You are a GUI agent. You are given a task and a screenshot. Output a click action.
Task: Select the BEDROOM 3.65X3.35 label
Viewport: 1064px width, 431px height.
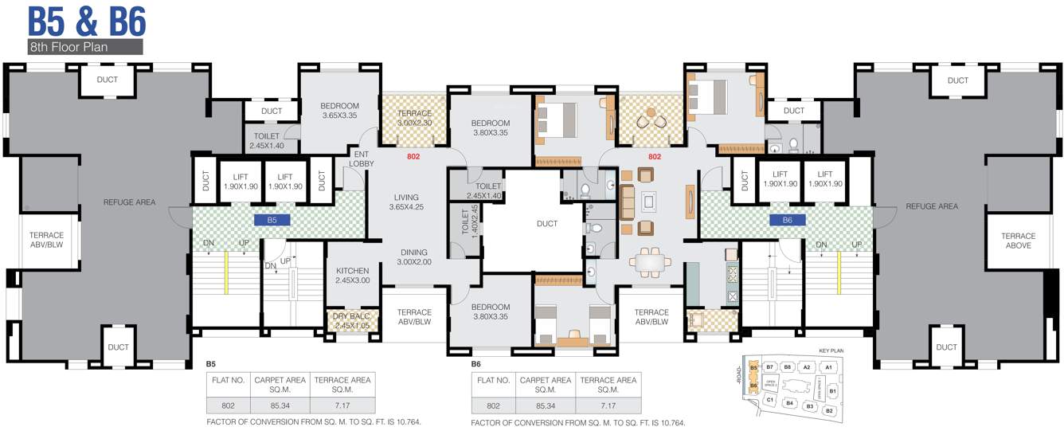click(x=339, y=111)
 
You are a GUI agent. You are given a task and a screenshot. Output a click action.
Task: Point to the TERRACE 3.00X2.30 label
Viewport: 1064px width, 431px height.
click(x=414, y=118)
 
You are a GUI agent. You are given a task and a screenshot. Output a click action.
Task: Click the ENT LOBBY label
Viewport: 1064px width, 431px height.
click(x=361, y=159)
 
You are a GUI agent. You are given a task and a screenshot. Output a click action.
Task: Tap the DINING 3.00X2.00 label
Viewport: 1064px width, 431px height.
click(x=413, y=257)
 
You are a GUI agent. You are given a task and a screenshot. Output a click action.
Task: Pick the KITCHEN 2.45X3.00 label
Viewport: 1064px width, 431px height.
click(x=352, y=276)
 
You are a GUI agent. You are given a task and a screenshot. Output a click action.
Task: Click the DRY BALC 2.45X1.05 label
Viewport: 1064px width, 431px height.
click(x=351, y=321)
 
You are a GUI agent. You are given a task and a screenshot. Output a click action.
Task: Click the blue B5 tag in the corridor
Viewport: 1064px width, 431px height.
click(x=272, y=219)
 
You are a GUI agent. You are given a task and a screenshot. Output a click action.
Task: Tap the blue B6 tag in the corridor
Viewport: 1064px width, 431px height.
click(x=787, y=219)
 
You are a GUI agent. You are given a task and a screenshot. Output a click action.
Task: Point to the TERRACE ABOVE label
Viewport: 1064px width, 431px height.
click(x=1018, y=241)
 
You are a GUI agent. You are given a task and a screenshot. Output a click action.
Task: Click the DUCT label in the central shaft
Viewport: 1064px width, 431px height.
click(x=546, y=224)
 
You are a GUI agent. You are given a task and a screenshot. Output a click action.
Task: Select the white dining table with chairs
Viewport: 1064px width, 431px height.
click(x=651, y=261)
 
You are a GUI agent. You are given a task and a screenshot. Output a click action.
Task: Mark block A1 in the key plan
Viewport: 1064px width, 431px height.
click(x=828, y=366)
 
